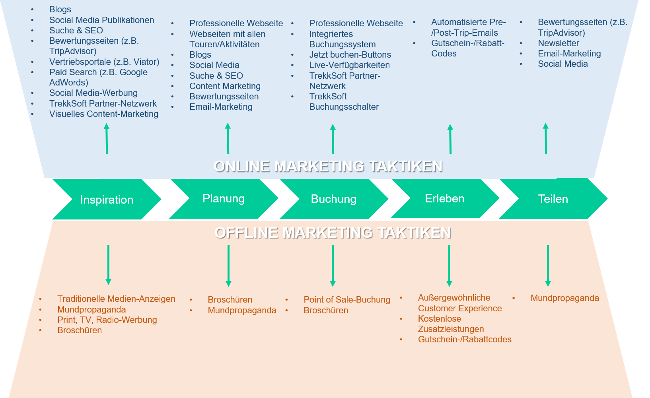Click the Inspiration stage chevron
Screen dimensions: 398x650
[x=107, y=199]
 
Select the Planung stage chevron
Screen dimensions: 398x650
[x=224, y=198]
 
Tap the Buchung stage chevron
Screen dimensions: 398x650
[x=333, y=199]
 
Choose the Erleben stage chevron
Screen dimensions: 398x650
[x=444, y=198]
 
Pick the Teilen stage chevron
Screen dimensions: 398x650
[x=553, y=199]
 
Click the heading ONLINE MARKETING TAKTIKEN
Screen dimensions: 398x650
[x=328, y=166]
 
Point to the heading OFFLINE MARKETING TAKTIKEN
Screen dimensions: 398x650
[x=333, y=233]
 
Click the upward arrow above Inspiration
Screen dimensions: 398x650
[x=107, y=138]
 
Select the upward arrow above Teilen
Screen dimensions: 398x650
[x=546, y=138]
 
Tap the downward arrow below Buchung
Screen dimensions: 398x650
[x=333, y=266]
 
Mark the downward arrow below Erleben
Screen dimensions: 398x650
[x=449, y=266]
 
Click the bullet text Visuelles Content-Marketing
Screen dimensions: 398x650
[x=104, y=114]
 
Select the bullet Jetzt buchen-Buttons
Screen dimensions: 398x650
[x=350, y=55]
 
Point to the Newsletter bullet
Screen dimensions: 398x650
[x=558, y=43]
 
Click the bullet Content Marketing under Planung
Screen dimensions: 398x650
[x=225, y=86]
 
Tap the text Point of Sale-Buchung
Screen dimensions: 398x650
[x=347, y=300]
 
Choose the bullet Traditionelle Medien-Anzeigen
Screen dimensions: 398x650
[x=116, y=299]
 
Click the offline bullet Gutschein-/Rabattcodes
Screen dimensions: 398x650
[x=465, y=340]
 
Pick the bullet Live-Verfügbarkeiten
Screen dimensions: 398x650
[x=349, y=65]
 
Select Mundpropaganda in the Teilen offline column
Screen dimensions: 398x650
[x=564, y=298]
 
